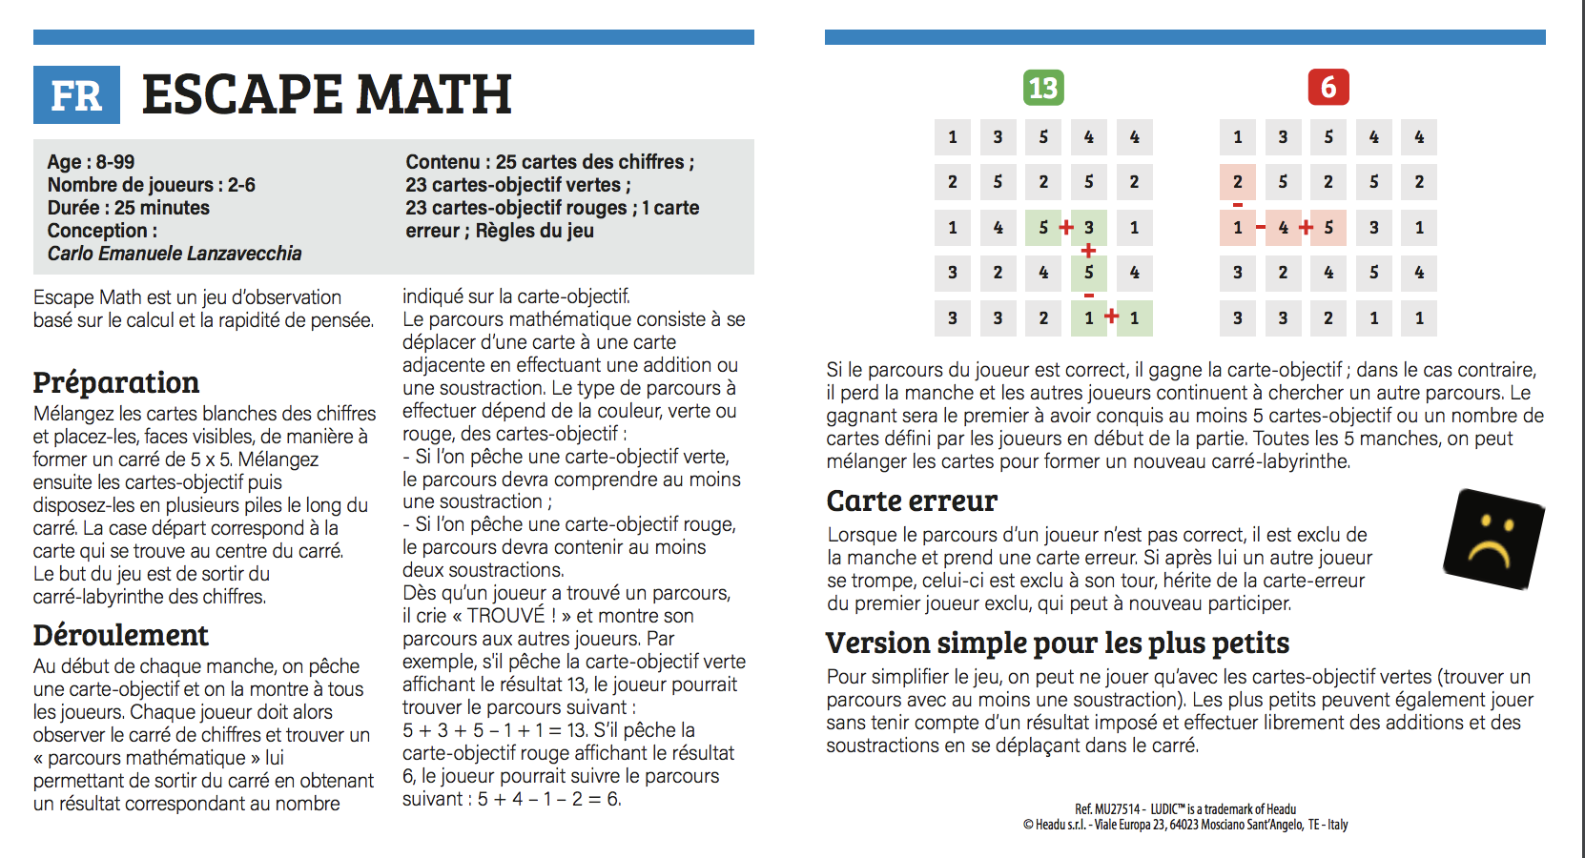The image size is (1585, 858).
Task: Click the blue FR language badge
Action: tap(76, 95)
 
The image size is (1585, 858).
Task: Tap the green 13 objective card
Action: tap(1043, 88)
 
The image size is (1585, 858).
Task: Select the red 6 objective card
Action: tap(1328, 88)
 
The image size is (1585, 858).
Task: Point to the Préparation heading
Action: tap(116, 382)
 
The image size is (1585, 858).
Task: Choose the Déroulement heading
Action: tap(121, 635)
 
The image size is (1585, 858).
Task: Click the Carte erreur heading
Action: tap(912, 500)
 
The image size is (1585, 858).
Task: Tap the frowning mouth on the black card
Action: tap(1490, 554)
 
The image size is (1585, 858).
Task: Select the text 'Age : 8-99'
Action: tap(92, 162)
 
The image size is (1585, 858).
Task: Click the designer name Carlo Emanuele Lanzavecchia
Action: tap(175, 254)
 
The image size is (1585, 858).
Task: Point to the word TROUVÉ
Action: tap(505, 616)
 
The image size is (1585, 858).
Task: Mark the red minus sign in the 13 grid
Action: tap(1089, 296)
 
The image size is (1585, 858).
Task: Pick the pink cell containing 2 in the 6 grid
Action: tap(1238, 182)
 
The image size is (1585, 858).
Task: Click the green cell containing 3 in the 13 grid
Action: tap(1089, 228)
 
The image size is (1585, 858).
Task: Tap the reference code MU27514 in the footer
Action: tap(1117, 809)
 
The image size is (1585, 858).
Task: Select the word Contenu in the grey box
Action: tap(443, 162)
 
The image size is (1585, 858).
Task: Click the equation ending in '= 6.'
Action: tap(549, 799)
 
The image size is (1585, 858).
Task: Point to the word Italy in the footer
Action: tap(1337, 825)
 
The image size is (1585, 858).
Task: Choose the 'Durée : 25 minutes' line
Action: tap(129, 208)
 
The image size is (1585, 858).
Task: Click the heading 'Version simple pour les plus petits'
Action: tap(1058, 643)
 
